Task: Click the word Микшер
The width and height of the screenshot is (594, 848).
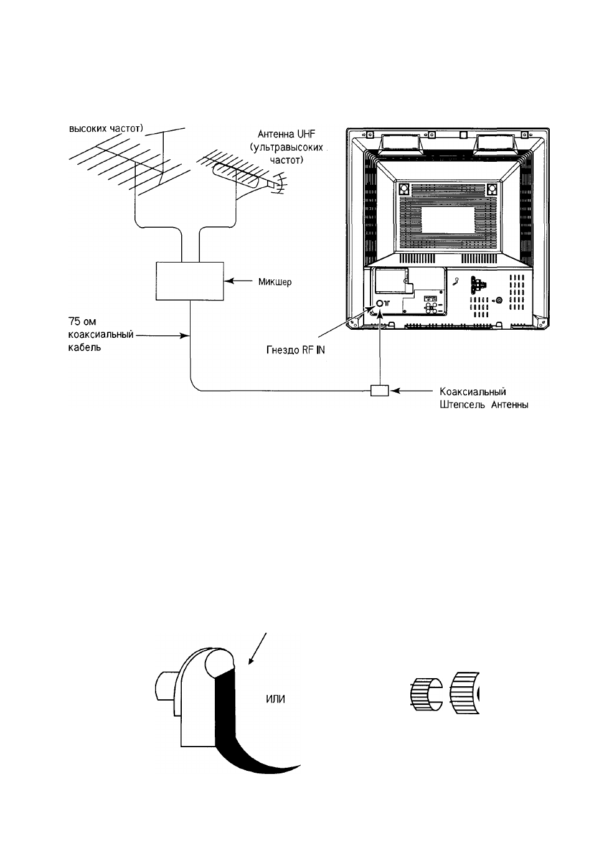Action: (x=275, y=282)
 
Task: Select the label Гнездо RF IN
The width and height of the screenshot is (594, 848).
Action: (x=296, y=350)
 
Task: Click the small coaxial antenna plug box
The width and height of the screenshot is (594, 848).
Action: (x=380, y=390)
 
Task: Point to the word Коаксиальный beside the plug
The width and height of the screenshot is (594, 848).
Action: (x=473, y=391)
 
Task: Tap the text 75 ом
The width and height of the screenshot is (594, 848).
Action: (x=82, y=322)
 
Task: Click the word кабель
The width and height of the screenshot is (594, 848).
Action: (x=85, y=347)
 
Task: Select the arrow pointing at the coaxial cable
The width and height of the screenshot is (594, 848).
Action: (x=162, y=335)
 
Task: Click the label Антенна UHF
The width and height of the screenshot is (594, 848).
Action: (x=286, y=134)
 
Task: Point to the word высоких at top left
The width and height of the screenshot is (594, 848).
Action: (x=87, y=128)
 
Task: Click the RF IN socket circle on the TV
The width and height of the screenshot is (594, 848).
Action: (x=380, y=304)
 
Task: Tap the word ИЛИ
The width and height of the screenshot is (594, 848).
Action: (x=275, y=699)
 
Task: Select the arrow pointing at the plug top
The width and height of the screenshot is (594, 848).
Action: (x=258, y=648)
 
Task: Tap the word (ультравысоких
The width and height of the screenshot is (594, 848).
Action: (x=286, y=147)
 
